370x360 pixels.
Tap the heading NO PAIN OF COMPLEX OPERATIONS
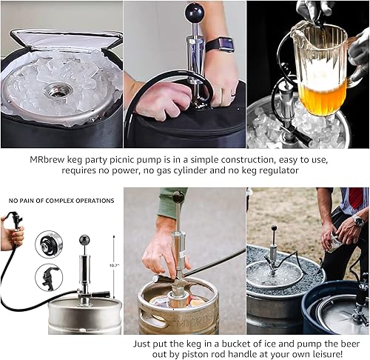pyautogui.click(x=61, y=201)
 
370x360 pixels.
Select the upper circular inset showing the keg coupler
pyautogui.click(x=49, y=245)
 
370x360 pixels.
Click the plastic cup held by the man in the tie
pyautogui.click(x=335, y=243)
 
